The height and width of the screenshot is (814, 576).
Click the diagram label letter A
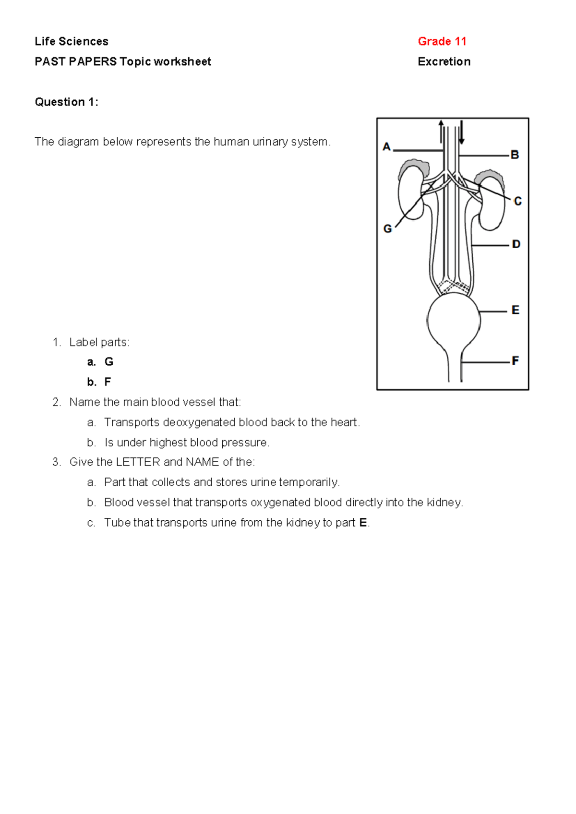(386, 147)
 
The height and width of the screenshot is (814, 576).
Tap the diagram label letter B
(515, 155)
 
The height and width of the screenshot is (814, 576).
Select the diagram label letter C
(517, 202)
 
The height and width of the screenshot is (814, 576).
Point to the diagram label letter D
(516, 244)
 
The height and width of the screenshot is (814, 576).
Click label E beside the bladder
(516, 310)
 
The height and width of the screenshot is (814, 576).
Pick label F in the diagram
(515, 360)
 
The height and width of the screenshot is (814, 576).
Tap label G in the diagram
(387, 229)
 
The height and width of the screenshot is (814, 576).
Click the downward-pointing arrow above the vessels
(462, 132)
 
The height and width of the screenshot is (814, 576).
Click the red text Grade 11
(442, 41)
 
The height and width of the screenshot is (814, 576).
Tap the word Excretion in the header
(444, 61)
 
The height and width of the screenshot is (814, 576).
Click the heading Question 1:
(66, 102)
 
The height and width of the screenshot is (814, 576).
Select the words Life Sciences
(72, 41)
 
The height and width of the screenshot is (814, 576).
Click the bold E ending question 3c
(363, 522)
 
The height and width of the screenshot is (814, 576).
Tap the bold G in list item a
(109, 361)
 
